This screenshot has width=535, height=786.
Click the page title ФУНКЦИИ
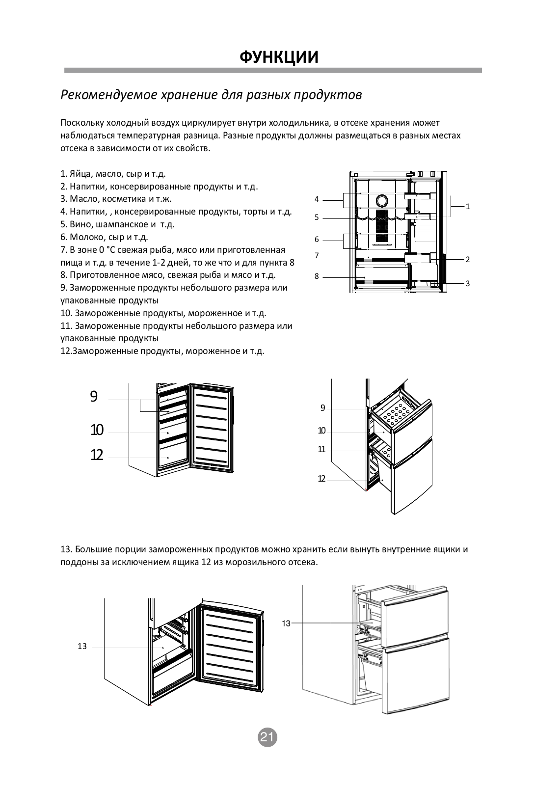pos(279,57)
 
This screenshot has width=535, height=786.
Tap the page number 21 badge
pos(267,737)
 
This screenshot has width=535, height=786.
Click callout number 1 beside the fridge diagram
pos(468,207)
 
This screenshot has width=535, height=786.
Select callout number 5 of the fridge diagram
pos(317,217)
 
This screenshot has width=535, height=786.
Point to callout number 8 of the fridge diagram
pos(317,276)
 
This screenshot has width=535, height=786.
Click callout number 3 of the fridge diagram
pos(468,283)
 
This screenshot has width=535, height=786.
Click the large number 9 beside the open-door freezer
pos(94,397)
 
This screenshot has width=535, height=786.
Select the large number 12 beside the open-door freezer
pos(97,456)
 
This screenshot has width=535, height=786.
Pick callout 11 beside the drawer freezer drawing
pos(321,449)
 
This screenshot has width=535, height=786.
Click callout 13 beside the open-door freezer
pos(82,647)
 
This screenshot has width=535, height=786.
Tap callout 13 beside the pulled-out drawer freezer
pos(286,623)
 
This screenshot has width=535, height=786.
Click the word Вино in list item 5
pos(80,224)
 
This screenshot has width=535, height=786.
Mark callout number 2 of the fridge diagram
pos(468,259)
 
